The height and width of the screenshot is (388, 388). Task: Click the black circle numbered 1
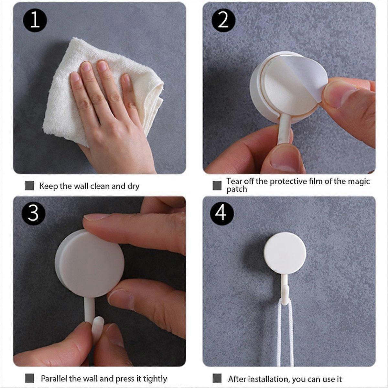pos(35,20)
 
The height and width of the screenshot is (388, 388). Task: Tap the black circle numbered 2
pos(223,20)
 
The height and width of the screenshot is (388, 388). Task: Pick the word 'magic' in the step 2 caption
pos(359,181)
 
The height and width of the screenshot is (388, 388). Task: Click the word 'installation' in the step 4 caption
pos(261,379)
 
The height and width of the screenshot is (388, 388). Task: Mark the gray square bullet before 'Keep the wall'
pos(29,186)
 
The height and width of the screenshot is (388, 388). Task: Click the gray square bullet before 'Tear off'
pos(217,185)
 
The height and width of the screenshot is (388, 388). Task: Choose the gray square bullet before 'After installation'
pos(217,378)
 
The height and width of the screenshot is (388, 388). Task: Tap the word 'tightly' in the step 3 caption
pos(155,379)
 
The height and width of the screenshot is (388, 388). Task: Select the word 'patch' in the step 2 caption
pos(236,189)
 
